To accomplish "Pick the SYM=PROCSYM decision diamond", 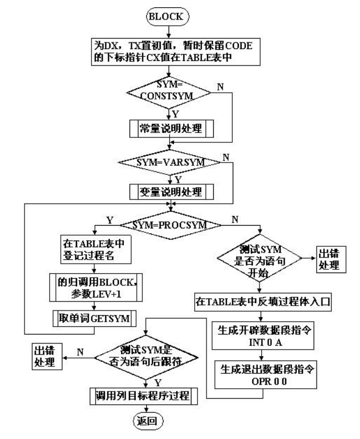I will click(x=169, y=226).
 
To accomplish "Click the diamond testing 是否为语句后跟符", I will click(x=147, y=354).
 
